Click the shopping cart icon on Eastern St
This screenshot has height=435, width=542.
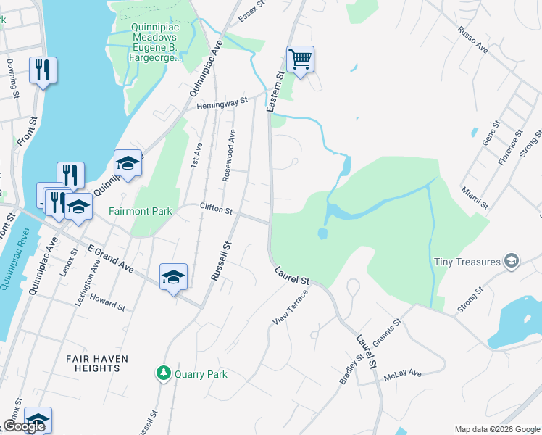pyautogui.click(x=300, y=59)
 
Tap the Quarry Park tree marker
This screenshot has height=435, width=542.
pyautogui.click(x=164, y=373)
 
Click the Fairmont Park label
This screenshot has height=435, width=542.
pyautogui.click(x=141, y=212)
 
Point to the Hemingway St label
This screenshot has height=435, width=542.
pyautogui.click(x=222, y=104)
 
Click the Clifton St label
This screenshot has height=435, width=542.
pyautogui.click(x=216, y=210)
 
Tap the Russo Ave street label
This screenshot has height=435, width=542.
pyautogui.click(x=473, y=39)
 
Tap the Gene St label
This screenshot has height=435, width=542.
pyautogui.click(x=491, y=135)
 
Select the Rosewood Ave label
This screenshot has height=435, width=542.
pyautogui.click(x=228, y=155)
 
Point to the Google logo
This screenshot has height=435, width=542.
pyautogui.click(x=24, y=426)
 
